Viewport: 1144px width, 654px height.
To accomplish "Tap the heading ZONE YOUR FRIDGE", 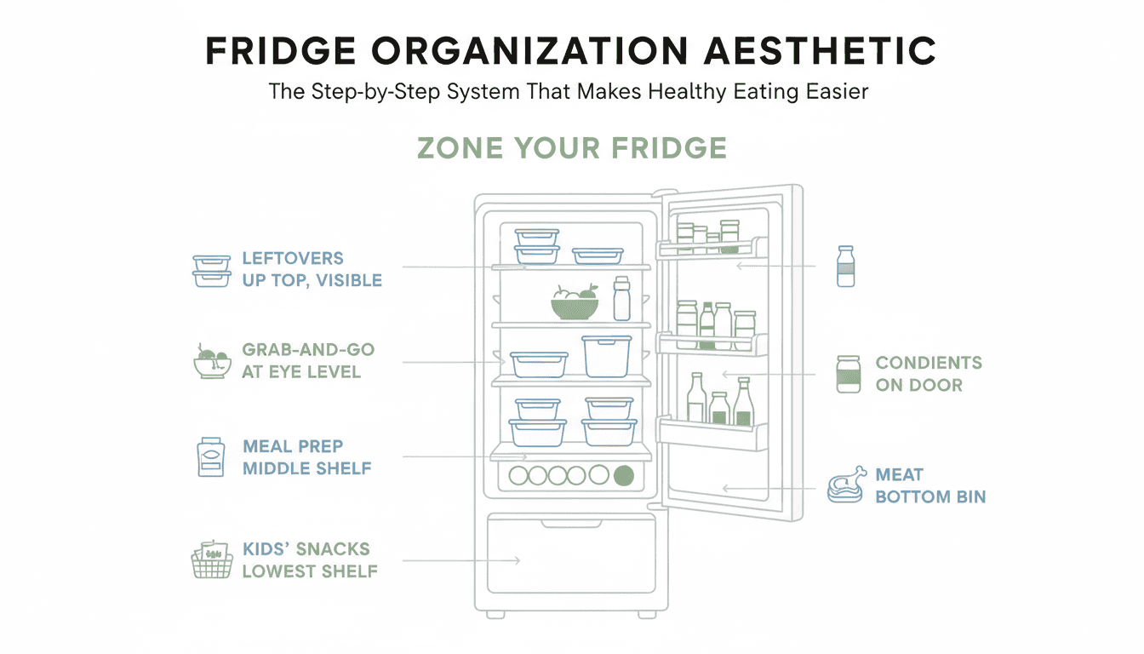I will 572,148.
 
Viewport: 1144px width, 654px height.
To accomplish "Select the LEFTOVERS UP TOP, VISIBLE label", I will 312,269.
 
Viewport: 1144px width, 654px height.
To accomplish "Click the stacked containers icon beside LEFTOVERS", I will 211,270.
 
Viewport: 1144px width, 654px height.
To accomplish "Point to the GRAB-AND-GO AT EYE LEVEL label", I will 308,361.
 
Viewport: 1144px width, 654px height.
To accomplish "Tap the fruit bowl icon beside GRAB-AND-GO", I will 212,361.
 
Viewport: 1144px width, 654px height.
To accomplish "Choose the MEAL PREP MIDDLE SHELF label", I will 307,457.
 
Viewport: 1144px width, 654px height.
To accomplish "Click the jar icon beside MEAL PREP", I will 210,457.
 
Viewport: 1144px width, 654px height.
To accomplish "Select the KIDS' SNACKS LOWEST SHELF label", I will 310,560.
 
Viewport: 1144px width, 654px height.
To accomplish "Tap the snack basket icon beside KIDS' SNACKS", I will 211,560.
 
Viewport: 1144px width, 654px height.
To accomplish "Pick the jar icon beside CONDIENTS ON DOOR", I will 849,374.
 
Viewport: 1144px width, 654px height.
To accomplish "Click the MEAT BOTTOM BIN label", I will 930,485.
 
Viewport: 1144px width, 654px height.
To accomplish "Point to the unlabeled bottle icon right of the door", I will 845,267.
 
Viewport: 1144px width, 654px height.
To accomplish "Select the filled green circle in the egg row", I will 624,476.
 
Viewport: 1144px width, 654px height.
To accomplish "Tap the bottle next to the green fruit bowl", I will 622,299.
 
